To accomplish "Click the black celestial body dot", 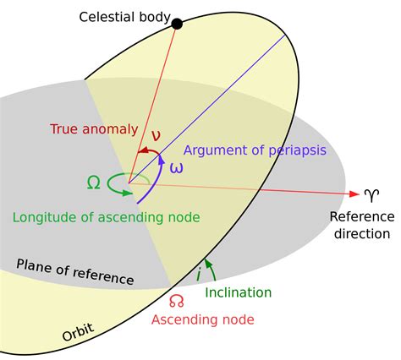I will click(177, 24).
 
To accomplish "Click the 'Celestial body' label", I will click(124, 17).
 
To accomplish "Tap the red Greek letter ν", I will click(155, 136).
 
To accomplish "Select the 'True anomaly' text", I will click(93, 129).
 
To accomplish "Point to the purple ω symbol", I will click(176, 167).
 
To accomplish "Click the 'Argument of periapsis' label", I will click(255, 150).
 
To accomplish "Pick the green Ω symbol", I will click(94, 181).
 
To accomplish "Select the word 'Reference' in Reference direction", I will click(361, 217).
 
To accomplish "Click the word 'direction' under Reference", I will click(361, 233).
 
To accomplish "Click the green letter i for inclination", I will click(198, 274).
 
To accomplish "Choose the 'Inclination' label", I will click(239, 292).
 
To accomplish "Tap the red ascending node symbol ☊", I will click(176, 301).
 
